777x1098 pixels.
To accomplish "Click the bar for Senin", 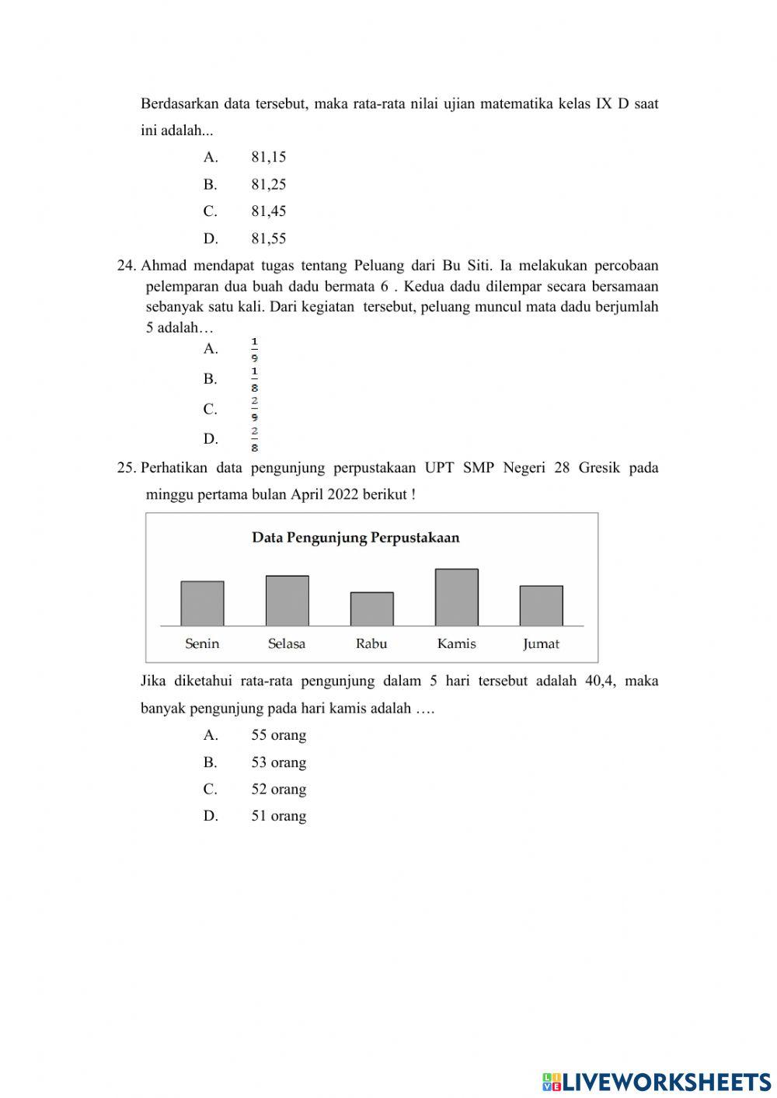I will click(202, 604).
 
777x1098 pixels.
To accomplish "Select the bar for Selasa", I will click(287, 601).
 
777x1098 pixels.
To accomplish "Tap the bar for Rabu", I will click(371, 609).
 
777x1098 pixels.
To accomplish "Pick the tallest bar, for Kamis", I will click(456, 598).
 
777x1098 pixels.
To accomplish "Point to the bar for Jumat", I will click(541, 606).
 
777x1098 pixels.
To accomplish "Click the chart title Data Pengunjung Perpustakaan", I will click(355, 538).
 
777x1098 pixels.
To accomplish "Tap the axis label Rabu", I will click(371, 643).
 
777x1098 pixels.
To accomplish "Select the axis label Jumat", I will click(541, 643).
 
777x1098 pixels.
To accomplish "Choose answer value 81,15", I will click(268, 157).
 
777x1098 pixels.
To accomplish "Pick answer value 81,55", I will click(268, 239).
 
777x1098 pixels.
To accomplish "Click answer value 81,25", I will click(268, 184).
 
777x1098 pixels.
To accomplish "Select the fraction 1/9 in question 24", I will click(254, 350).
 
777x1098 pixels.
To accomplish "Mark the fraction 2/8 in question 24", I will click(254, 439).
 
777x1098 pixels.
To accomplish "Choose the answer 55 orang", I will click(278, 735).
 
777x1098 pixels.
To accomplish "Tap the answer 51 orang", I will click(278, 816).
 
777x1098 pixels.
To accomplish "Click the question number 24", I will click(126, 266).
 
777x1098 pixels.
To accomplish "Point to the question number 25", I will click(126, 468).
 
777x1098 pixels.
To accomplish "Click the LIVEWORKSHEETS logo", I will click(657, 1081).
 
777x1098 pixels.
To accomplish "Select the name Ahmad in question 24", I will click(164, 266).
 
